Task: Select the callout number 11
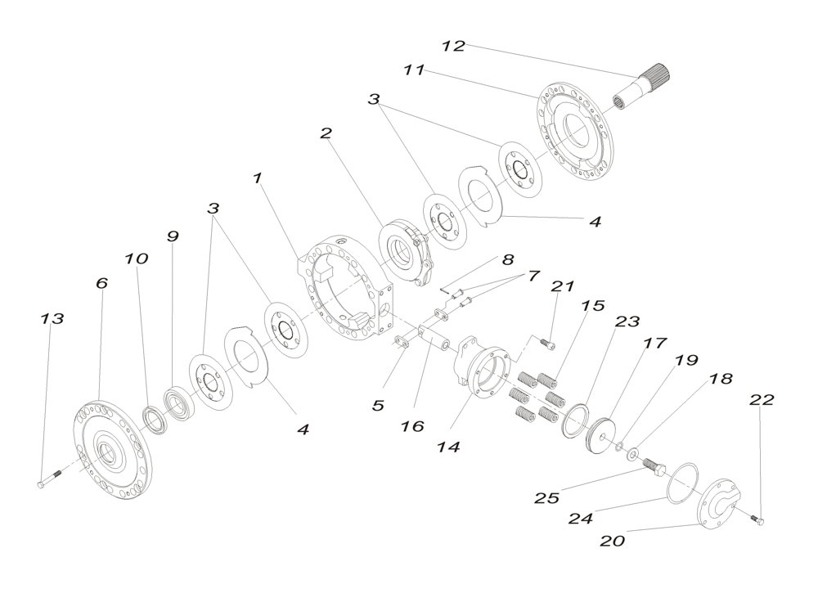(x=414, y=71)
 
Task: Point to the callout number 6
(x=101, y=283)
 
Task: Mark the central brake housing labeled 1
(x=344, y=286)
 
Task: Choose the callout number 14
(x=447, y=447)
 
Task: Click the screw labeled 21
(x=550, y=346)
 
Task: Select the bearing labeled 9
(x=176, y=404)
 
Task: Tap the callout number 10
(x=137, y=259)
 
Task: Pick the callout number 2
(x=326, y=134)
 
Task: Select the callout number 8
(x=508, y=259)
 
